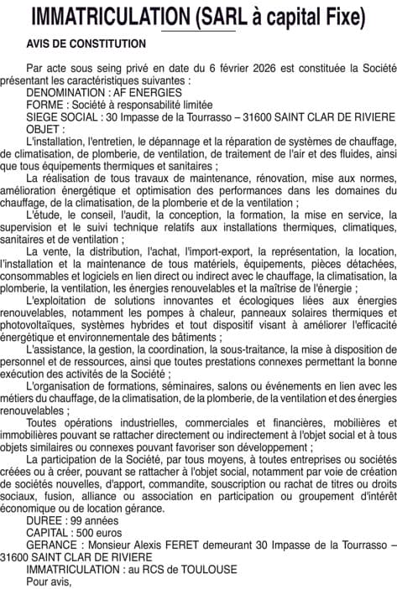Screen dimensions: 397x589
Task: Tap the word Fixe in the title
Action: point(343,17)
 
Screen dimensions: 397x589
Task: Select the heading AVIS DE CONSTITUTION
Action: point(86,43)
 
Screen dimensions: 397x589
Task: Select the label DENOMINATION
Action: point(64,94)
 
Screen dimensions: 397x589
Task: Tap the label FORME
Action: point(44,106)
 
